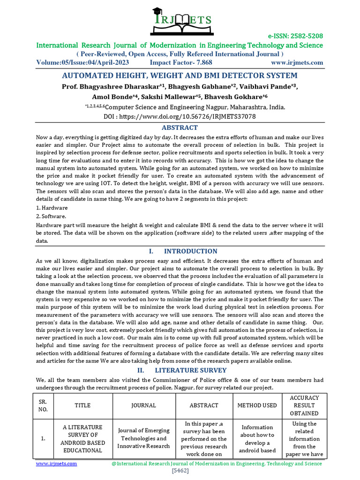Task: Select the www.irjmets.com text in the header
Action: click(x=297, y=62)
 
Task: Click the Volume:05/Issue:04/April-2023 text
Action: click(x=83, y=62)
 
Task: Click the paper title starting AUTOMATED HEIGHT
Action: click(x=180, y=75)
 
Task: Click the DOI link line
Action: click(x=180, y=117)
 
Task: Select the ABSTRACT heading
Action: click(x=180, y=127)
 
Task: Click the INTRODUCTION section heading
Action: click(x=190, y=251)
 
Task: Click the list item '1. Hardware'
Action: click(x=52, y=208)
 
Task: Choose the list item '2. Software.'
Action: click(x=52, y=216)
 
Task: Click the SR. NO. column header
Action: click(x=43, y=405)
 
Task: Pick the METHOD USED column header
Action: click(x=257, y=405)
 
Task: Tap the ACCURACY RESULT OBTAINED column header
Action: click(x=304, y=405)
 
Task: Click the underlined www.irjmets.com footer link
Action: click(x=57, y=463)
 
